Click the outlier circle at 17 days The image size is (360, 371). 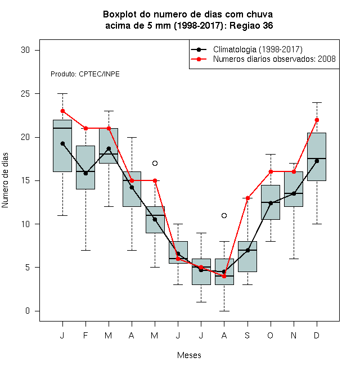(x=155, y=163)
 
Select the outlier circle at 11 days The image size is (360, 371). (x=224, y=215)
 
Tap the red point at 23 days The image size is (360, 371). (x=62, y=111)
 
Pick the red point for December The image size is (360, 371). (x=317, y=120)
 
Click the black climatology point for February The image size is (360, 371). (x=85, y=174)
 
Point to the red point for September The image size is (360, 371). (x=247, y=198)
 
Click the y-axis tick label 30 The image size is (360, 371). (x=25, y=50)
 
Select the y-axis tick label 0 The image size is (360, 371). (x=28, y=311)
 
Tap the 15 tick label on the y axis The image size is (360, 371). (x=25, y=180)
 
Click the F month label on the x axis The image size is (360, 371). (x=85, y=335)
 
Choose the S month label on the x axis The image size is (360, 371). (x=247, y=335)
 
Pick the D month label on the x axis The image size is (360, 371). (x=317, y=335)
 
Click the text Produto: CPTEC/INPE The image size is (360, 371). (x=85, y=74)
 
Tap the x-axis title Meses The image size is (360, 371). (x=189, y=355)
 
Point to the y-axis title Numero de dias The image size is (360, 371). (x=5, y=180)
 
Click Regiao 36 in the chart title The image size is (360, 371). (x=251, y=25)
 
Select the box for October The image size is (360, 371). (x=271, y=202)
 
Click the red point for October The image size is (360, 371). (x=271, y=172)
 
